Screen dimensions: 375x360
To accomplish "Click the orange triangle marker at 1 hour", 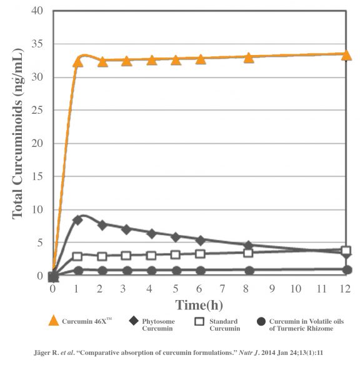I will (x=78, y=61).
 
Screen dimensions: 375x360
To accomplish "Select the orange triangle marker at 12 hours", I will (x=346, y=54).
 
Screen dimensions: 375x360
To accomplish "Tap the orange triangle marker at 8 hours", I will (x=248, y=57).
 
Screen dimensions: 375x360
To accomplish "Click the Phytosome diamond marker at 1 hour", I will (x=77, y=220).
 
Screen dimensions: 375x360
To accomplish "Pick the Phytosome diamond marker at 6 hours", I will (x=200, y=240).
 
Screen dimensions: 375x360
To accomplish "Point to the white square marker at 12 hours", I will (x=346, y=251).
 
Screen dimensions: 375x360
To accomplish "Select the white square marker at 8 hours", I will (x=248, y=252).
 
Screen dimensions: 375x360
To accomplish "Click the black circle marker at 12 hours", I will (x=347, y=270).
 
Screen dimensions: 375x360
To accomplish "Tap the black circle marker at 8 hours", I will (x=249, y=271).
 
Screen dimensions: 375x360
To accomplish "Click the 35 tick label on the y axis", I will (x=39, y=44).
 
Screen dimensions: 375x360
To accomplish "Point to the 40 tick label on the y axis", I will (x=39, y=11).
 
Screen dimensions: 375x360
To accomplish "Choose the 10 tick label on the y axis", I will (x=39, y=210).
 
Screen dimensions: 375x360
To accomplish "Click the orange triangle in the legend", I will (x=54, y=321).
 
